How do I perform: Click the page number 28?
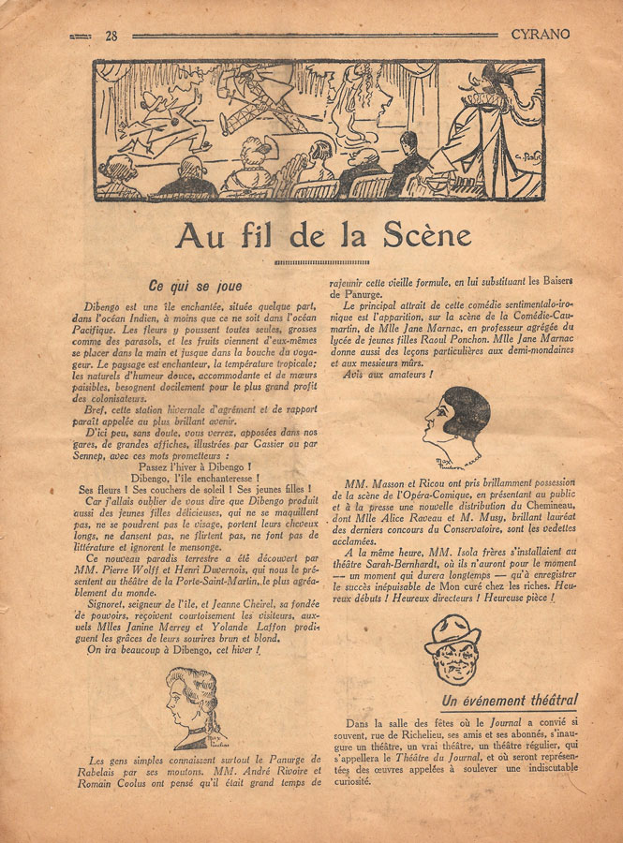coord(111,37)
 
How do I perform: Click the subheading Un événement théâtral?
coord(510,700)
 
